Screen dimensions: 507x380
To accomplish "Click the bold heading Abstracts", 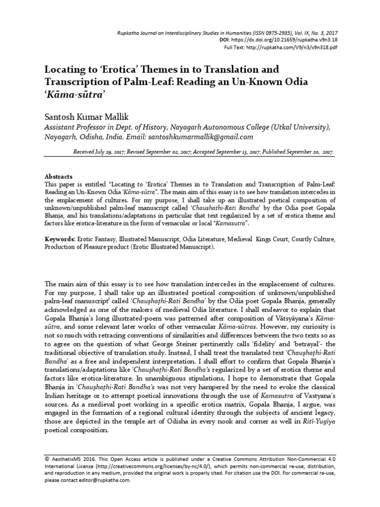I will point(59,176).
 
